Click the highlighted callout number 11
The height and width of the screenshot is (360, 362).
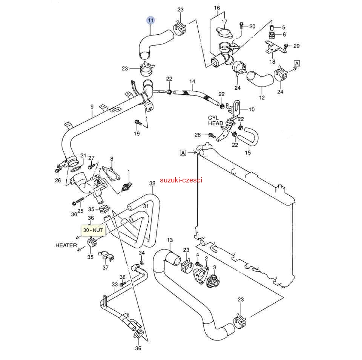click(151, 20)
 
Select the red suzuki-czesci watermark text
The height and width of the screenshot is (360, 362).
click(181, 180)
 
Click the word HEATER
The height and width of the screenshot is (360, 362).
click(66, 245)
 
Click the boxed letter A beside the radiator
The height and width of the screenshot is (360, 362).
click(183, 153)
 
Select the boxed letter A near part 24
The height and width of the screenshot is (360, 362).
click(297, 63)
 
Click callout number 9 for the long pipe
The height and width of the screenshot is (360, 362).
click(92, 107)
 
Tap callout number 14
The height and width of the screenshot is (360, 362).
click(192, 81)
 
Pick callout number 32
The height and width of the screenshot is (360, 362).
click(152, 184)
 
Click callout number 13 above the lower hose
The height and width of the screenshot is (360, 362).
click(170, 240)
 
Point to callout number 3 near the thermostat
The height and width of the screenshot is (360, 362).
click(214, 267)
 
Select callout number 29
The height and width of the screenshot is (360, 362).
click(296, 46)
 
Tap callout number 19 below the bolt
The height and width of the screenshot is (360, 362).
click(137, 133)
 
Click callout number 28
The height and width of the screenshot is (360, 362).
click(198, 135)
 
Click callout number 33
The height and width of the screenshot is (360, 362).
click(115, 284)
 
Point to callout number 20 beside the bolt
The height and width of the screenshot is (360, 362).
click(252, 26)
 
